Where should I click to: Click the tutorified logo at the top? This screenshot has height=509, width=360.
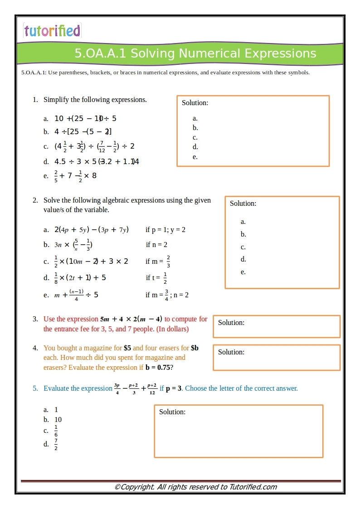(52, 31)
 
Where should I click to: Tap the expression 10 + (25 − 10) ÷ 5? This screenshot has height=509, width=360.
(85, 118)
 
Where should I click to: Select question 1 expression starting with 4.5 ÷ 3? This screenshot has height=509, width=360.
(97, 161)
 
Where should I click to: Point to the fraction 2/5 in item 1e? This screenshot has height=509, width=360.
(56, 176)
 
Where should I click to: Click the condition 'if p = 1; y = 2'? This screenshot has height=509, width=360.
(165, 230)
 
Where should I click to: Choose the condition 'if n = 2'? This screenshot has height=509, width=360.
(156, 245)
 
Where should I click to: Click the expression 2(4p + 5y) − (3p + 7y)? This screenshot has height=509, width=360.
(91, 230)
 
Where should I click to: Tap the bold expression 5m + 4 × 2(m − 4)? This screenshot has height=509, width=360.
(131, 319)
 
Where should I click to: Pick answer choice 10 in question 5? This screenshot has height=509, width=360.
(58, 420)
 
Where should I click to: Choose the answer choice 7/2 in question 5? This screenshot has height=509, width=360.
(56, 444)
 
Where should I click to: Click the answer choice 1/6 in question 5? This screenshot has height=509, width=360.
(56, 431)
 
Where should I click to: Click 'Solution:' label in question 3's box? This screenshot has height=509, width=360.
(231, 323)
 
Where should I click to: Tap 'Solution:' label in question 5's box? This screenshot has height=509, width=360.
(172, 412)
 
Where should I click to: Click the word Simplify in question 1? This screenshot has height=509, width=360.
(56, 100)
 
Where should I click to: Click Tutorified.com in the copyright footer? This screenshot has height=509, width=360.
(253, 487)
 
